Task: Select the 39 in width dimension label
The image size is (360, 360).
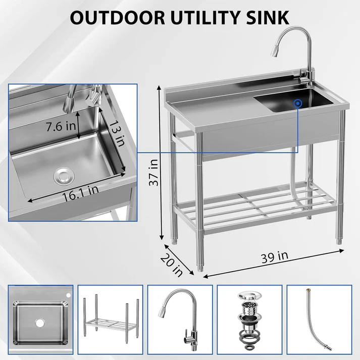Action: coord(275,256)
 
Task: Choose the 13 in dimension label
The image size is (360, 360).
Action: coord(118,134)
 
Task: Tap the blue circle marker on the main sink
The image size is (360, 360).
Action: coord(298,102)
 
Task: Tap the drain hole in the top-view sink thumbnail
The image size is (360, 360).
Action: coord(39,321)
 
